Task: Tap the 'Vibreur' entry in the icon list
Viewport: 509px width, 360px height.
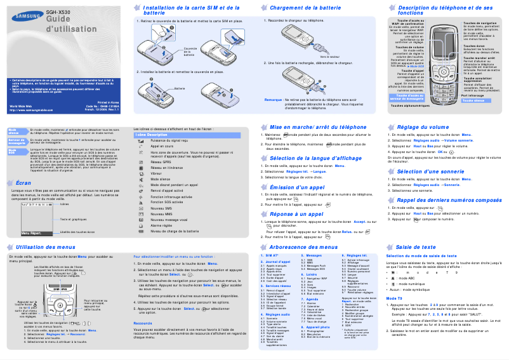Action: point(157,173)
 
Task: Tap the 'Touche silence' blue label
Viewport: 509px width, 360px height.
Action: point(473,101)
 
